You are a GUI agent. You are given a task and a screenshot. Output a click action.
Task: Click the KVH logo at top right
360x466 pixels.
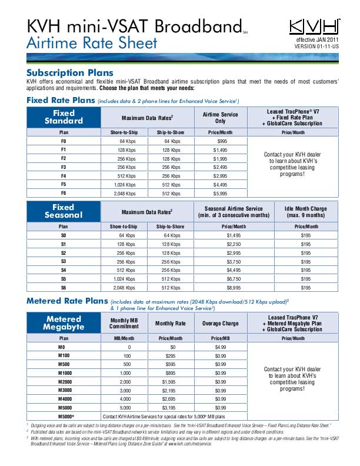(315, 26)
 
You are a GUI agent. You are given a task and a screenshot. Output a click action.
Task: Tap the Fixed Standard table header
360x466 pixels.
(64, 116)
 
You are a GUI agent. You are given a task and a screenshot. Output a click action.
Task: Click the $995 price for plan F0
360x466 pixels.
(222, 142)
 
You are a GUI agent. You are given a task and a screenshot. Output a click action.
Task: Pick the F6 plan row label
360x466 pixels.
(64, 194)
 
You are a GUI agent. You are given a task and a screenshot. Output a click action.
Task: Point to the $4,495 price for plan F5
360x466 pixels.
(222, 185)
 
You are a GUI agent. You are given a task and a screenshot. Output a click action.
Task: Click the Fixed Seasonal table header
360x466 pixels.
(64, 211)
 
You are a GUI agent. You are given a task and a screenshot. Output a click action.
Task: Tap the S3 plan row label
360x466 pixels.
(64, 261)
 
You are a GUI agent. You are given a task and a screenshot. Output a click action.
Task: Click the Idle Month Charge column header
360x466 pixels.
(305, 211)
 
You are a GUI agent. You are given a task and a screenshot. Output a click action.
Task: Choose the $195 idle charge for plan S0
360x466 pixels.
(305, 235)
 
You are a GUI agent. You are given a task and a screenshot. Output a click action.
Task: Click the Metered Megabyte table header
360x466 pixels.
(64, 323)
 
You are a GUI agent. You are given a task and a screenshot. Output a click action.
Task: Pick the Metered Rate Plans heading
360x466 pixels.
(67, 301)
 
